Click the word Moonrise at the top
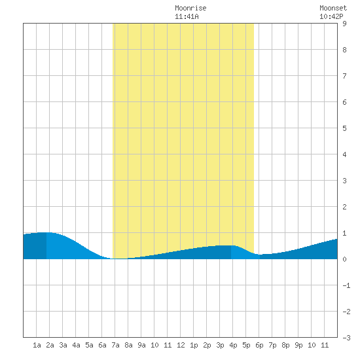190,8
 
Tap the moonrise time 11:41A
187,16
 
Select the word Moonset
333,8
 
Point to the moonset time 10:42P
331,16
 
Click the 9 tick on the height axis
344,24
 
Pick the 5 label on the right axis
344,128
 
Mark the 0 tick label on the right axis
344,259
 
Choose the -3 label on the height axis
346,338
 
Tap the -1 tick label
346,285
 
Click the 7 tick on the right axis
344,76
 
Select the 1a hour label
37,345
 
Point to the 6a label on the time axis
102,345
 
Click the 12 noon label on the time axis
181,345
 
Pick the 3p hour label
220,345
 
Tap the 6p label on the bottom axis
259,345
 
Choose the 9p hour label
298,345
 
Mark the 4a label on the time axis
76,345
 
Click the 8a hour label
128,345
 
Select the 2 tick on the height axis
344,207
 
